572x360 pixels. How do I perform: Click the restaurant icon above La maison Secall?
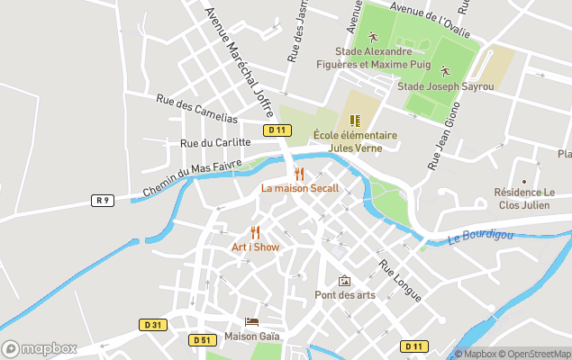(x=300, y=174)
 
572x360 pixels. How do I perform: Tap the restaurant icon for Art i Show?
(x=255, y=232)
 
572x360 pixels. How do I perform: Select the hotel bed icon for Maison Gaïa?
(x=252, y=321)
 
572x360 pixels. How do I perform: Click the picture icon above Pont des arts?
(x=343, y=281)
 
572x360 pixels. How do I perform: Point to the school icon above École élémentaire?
(x=355, y=120)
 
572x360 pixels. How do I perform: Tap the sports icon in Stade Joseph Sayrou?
(x=444, y=70)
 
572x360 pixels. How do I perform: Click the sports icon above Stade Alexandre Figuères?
(x=374, y=39)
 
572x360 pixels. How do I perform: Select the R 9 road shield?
(x=104, y=200)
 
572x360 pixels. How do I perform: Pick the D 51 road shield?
(x=202, y=339)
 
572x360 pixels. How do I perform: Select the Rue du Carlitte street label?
(x=214, y=142)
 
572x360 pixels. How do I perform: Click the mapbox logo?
(x=40, y=348)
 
